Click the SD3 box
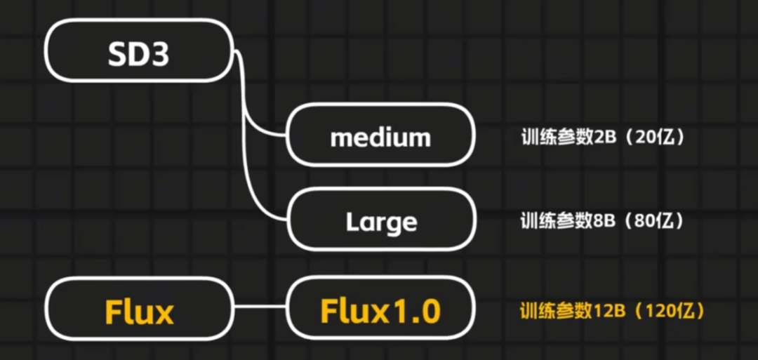(x=138, y=54)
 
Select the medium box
(x=380, y=135)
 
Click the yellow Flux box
(x=138, y=309)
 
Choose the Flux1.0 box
(x=380, y=309)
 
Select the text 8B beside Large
(x=605, y=222)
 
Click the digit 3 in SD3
(x=159, y=55)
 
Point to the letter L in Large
(x=352, y=222)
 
